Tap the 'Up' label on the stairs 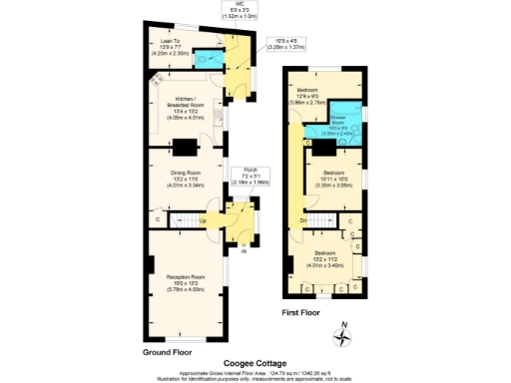tap(204, 220)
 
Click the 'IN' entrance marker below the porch tap(241, 250)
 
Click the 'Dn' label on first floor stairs tap(302, 219)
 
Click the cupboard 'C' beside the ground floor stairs tap(159, 219)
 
